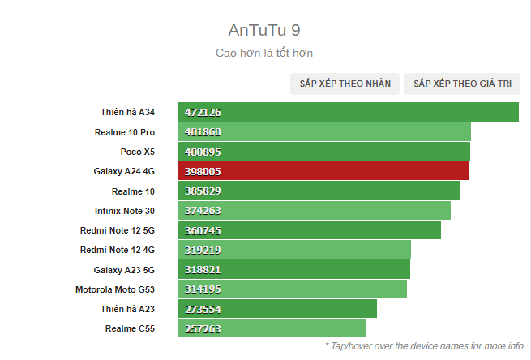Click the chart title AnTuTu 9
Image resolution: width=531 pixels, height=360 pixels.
tap(265, 31)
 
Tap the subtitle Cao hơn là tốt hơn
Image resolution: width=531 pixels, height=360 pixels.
tap(264, 53)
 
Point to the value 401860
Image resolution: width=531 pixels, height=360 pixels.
tap(203, 132)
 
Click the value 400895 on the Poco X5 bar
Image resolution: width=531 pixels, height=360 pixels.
tap(203, 152)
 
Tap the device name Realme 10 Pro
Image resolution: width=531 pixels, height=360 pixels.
tap(124, 132)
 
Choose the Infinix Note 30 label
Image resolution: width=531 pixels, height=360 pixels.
tap(124, 211)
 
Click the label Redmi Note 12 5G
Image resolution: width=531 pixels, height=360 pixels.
tap(117, 230)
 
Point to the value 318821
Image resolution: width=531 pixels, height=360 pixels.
tap(203, 269)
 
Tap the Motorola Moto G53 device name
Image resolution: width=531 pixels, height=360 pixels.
tap(114, 289)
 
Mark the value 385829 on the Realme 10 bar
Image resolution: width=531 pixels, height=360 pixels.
tap(203, 191)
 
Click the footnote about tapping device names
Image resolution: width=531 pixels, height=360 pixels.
tap(424, 345)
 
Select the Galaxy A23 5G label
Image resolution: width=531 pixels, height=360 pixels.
tap(124, 269)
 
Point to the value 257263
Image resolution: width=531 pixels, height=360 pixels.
tap(203, 328)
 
